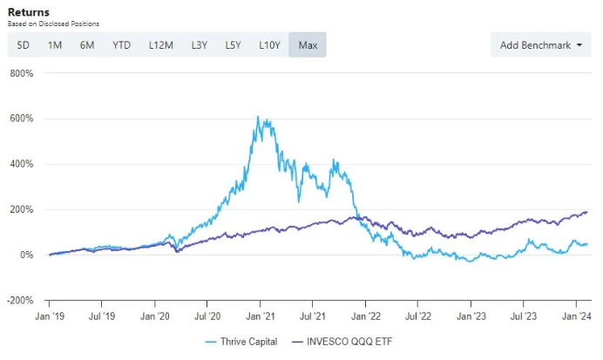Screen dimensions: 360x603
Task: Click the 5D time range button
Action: pos(23,44)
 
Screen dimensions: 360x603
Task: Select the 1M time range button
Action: pos(55,44)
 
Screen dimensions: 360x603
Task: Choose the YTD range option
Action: pos(121,44)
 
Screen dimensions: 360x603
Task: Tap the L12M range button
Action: pos(160,44)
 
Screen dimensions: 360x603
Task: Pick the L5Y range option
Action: pos(233,44)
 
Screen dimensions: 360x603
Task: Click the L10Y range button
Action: pos(270,44)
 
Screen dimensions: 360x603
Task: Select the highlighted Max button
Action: pos(308,44)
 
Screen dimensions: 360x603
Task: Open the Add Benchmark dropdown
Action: pos(540,44)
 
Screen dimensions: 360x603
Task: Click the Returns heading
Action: pos(28,11)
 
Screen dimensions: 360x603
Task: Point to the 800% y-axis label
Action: pos(21,73)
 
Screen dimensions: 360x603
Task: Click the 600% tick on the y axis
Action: pos(21,119)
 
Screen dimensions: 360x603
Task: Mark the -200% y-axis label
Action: pos(19,301)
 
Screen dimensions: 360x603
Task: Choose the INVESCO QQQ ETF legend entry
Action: pos(342,342)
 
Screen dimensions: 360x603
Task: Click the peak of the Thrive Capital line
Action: pos(258,117)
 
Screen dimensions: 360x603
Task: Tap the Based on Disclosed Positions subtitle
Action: pos(52,24)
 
